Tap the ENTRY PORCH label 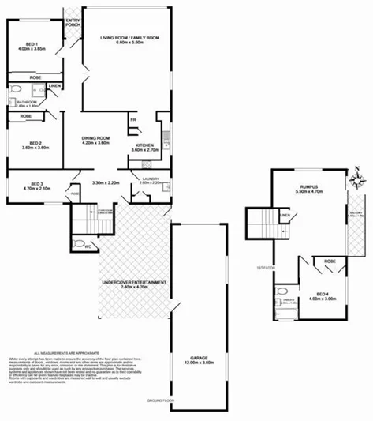coord(73,21)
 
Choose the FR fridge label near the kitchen coord(133,120)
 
